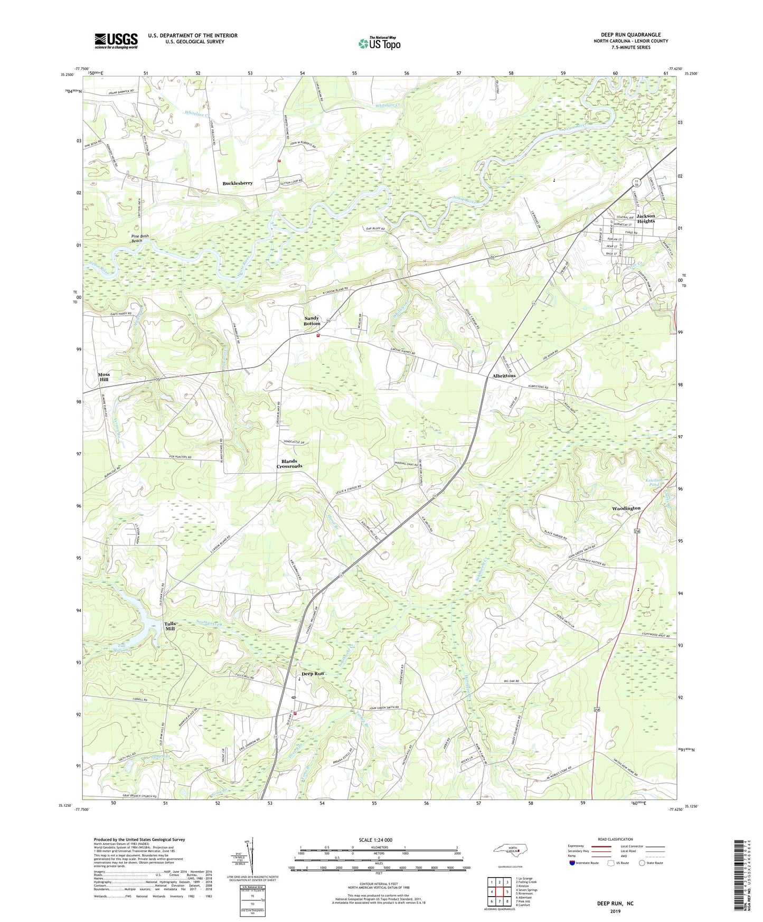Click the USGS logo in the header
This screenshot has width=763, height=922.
click(x=116, y=41)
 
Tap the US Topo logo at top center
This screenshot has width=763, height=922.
click(x=379, y=43)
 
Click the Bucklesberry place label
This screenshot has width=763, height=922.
click(x=237, y=183)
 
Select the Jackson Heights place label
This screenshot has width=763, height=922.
click(x=645, y=218)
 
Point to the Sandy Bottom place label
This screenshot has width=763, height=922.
click(x=312, y=321)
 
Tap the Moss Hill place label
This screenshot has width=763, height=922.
click(x=104, y=377)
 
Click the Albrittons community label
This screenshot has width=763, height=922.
click(x=504, y=376)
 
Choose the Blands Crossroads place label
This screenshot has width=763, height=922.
click(x=289, y=464)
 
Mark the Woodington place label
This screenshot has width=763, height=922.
click(x=626, y=508)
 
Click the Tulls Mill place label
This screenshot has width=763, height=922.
click(x=169, y=626)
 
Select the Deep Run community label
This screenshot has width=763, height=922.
click(x=312, y=674)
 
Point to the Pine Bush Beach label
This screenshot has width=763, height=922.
click(x=137, y=238)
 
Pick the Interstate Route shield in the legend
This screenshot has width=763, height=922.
click(x=572, y=863)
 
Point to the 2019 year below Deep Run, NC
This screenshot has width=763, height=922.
click(x=615, y=911)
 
